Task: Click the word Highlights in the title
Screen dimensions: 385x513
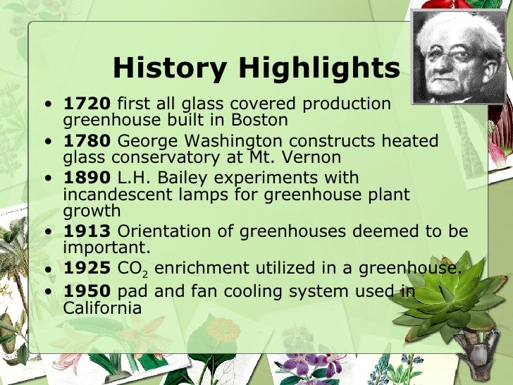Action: tap(318, 68)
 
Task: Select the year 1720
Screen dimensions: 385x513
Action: tap(87, 104)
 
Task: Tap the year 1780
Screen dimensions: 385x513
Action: tap(87, 141)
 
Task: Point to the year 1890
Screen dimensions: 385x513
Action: tap(87, 178)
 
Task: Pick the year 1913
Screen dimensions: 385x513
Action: tap(87, 231)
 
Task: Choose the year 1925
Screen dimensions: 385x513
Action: tap(87, 269)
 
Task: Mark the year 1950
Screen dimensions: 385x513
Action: tap(87, 291)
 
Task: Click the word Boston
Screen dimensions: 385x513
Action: tap(261, 120)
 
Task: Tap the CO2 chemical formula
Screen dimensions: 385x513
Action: tap(133, 269)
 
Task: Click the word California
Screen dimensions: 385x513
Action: tap(102, 308)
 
